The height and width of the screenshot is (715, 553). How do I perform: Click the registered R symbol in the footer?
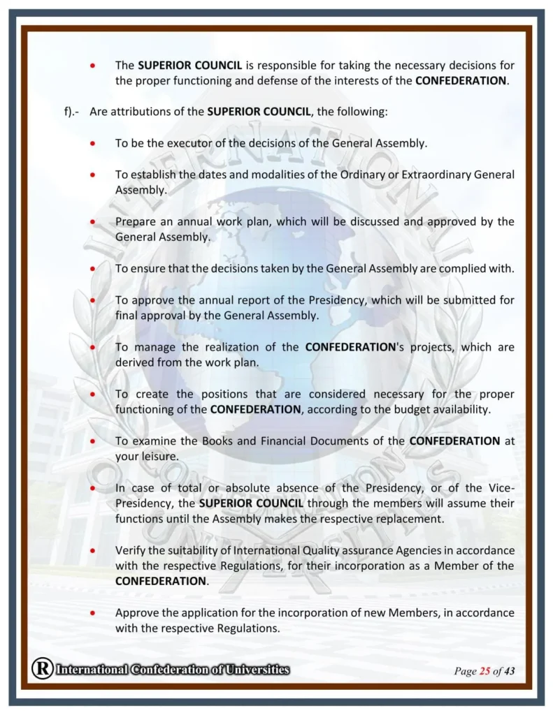pos(43,670)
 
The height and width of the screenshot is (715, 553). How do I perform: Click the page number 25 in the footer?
pos(484,672)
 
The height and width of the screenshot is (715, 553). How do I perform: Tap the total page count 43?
pos(509,672)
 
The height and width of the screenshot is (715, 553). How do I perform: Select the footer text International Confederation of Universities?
pos(173,670)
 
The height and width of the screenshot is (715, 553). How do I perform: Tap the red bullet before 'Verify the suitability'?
pos(93,550)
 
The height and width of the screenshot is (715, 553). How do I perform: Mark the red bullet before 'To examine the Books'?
pos(93,441)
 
